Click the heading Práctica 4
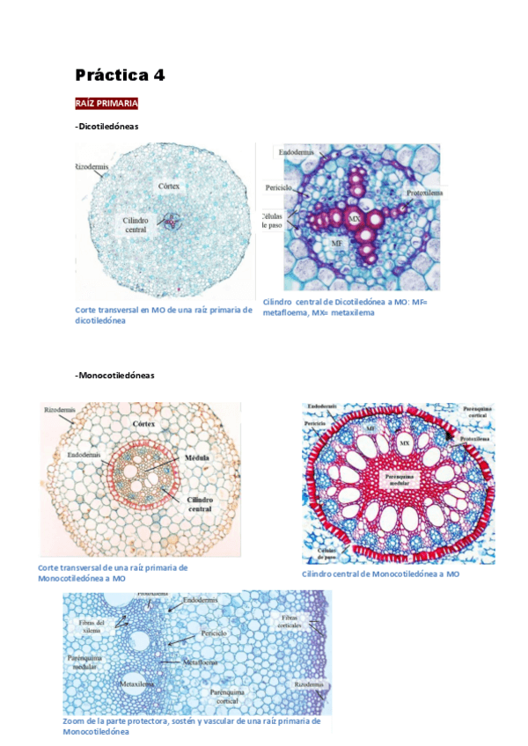[x=120, y=75]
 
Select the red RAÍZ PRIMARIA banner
[x=107, y=104]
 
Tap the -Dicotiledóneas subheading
[x=107, y=127]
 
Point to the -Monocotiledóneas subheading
[x=114, y=375]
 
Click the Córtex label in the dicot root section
[x=169, y=186]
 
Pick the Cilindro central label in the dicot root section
[x=136, y=224]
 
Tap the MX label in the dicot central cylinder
[x=354, y=217]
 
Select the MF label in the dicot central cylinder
[x=336, y=240]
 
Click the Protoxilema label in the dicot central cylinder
[x=425, y=191]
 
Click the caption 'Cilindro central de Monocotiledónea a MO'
[x=380, y=574]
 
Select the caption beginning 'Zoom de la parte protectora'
[x=191, y=726]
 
